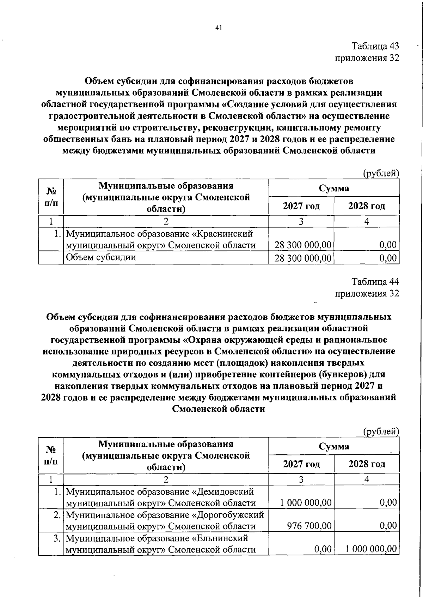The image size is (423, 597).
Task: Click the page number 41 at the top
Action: pos(218,28)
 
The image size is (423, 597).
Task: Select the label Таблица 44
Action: pos(375,282)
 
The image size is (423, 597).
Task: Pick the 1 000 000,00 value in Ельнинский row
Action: pos(371,549)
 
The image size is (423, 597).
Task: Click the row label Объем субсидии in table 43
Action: pos(101,257)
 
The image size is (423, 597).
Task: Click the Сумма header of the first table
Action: pos(333,188)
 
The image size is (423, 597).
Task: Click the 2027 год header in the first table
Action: pos(301,206)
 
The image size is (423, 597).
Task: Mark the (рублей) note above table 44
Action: pos(381,431)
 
